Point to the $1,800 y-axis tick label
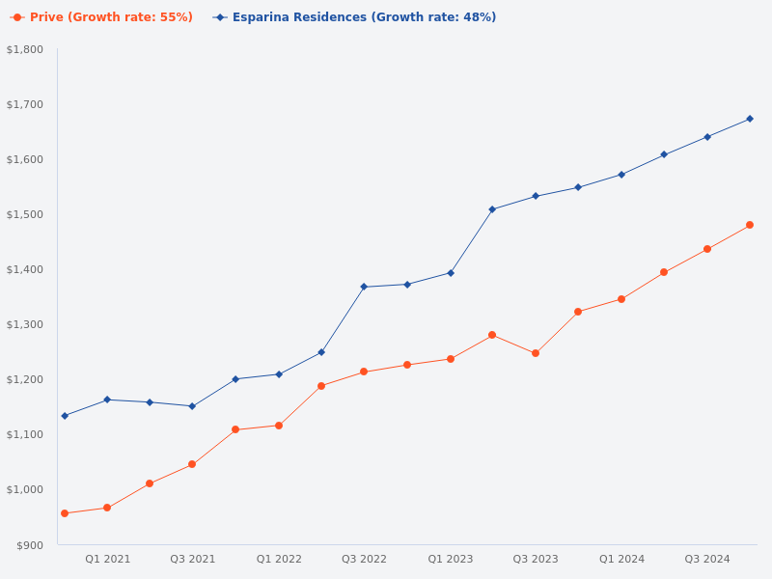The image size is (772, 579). (x=25, y=49)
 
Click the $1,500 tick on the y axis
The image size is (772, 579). (x=25, y=214)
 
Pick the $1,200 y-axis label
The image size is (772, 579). (x=25, y=379)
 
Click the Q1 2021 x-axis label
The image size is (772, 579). (x=107, y=559)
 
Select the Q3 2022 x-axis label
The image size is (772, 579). (x=364, y=559)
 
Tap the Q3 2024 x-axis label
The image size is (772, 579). (x=707, y=559)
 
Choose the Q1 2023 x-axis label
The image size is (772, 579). (x=451, y=559)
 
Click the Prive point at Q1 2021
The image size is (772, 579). (x=107, y=508)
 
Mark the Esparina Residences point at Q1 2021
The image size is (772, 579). (x=107, y=400)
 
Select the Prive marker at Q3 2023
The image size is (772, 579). (x=536, y=353)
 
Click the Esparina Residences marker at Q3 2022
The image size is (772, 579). (x=364, y=287)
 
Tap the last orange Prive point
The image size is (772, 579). (x=750, y=225)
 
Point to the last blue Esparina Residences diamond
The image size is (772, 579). (x=750, y=119)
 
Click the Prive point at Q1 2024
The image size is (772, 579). (x=621, y=299)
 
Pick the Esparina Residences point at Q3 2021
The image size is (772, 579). (x=192, y=406)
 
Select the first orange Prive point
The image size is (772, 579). (x=65, y=513)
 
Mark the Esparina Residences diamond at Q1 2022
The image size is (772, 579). (x=279, y=374)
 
